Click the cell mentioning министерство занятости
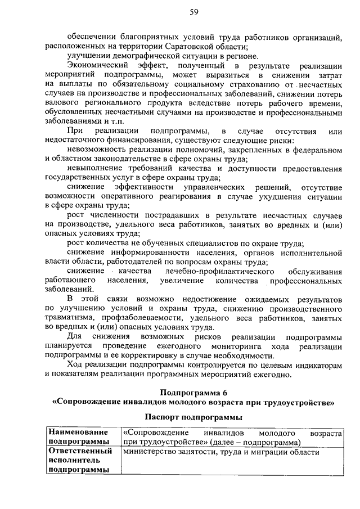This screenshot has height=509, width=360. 221,452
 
